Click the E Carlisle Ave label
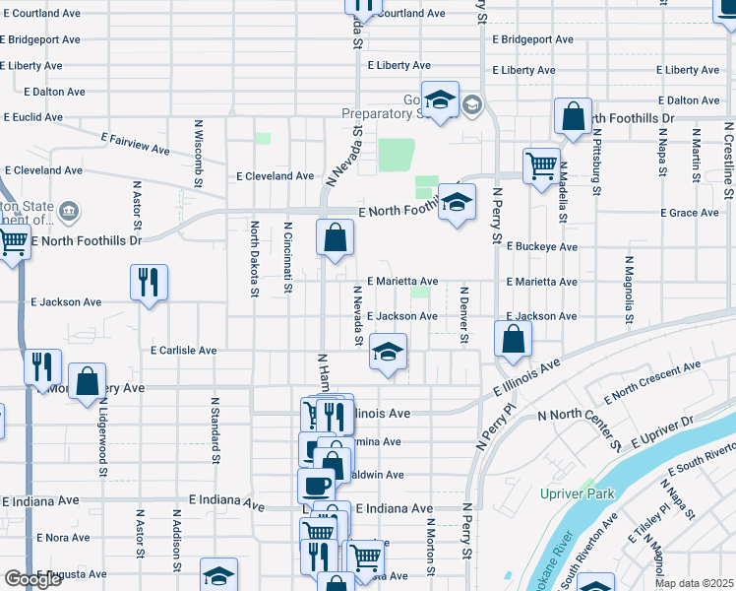coord(183,350)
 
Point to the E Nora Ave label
coord(64,538)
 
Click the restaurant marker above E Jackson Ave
coord(149,282)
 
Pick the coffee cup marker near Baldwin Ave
coord(316,486)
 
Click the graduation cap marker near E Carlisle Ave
coord(389,352)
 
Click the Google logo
coord(32,579)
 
